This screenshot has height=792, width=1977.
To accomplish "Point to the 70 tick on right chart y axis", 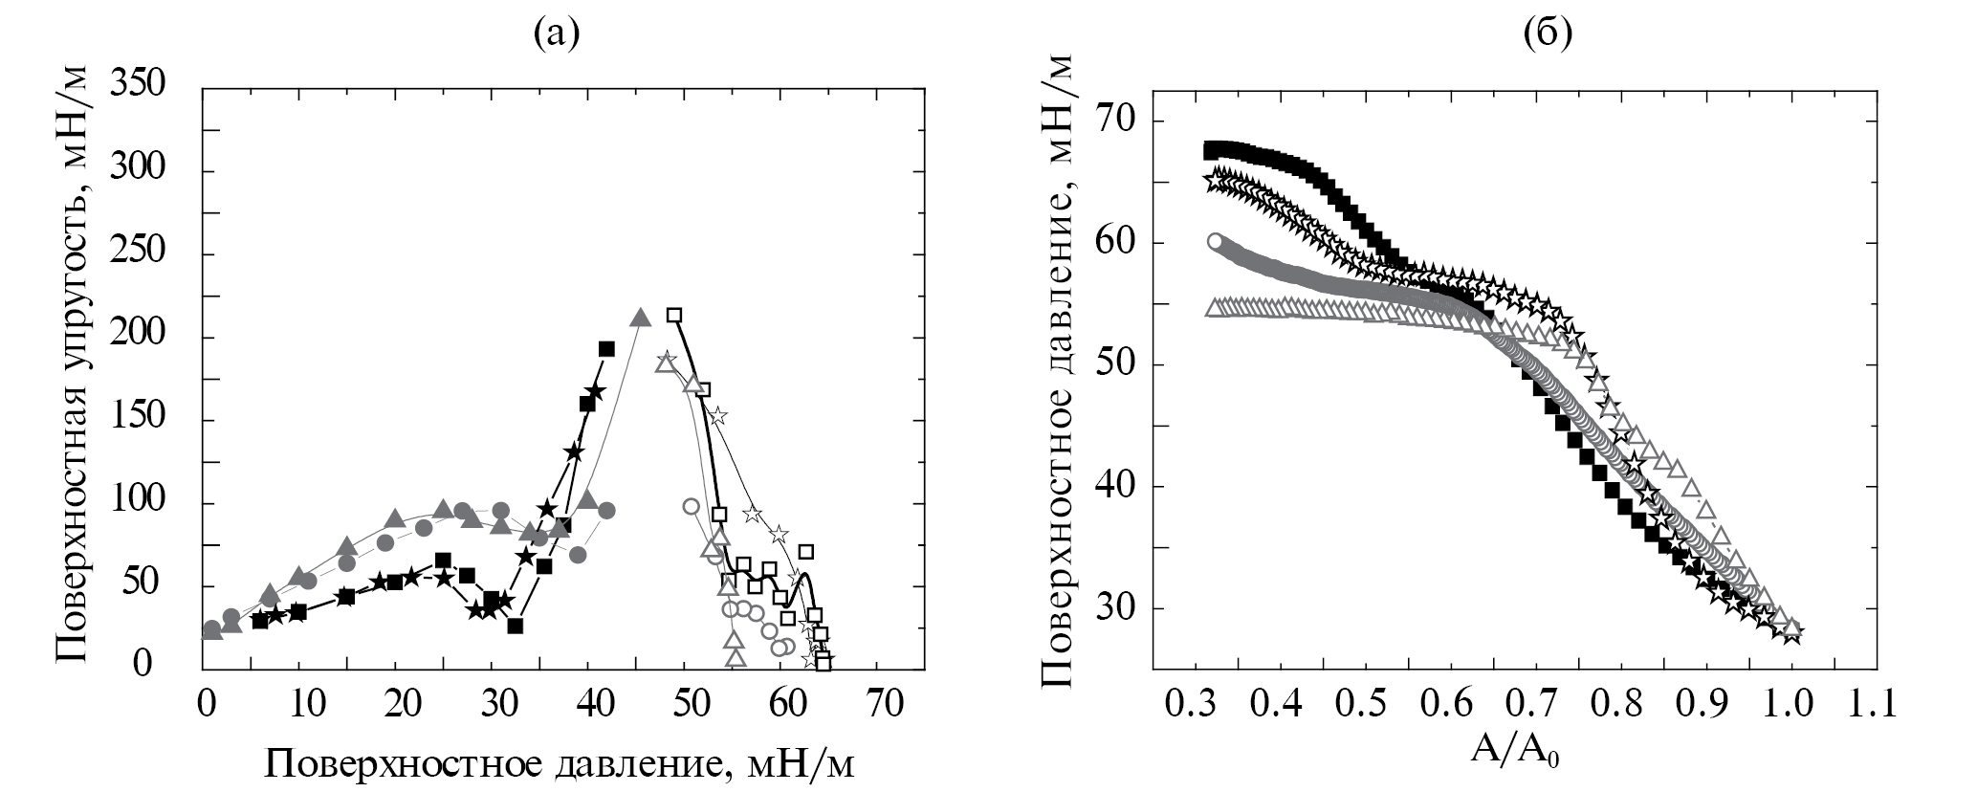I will [1116, 121].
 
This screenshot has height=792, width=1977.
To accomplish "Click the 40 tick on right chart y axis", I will [1116, 487].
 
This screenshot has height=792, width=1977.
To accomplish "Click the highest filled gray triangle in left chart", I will [641, 318].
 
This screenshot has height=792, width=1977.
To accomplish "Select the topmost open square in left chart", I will [674, 315].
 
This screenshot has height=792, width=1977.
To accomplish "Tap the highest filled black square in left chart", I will [605, 348].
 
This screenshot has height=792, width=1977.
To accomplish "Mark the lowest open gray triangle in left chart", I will [735, 657].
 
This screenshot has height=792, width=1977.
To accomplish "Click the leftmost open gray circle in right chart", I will [1216, 242].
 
